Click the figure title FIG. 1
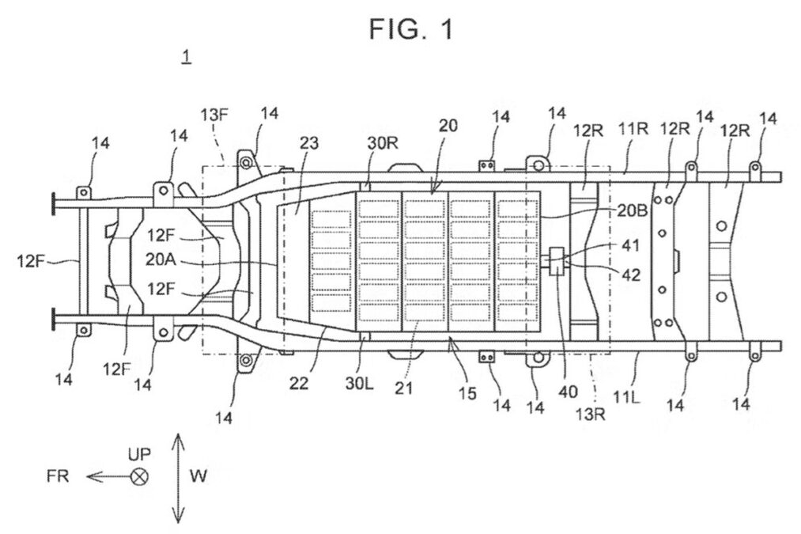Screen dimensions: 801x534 (x=411, y=29)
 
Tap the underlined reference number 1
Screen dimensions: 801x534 (x=187, y=55)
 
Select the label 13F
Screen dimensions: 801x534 (x=214, y=115)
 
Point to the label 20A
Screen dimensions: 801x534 (x=161, y=259)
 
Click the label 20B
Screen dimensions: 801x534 (x=633, y=210)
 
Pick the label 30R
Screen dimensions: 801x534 (x=383, y=144)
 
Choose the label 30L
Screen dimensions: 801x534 (x=359, y=383)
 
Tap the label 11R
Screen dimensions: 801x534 (x=633, y=129)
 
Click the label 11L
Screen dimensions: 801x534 (x=626, y=396)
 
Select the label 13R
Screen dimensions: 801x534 (x=591, y=414)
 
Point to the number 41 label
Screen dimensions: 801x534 (x=630, y=246)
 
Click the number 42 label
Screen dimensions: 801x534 (x=632, y=275)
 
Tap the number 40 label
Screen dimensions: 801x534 (x=568, y=392)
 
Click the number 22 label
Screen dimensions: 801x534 (x=299, y=383)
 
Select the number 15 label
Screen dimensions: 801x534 (x=467, y=393)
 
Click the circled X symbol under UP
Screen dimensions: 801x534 (x=139, y=477)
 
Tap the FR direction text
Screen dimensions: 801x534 (x=58, y=476)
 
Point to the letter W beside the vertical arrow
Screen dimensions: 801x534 (x=198, y=476)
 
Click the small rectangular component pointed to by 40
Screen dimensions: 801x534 (x=557, y=262)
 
